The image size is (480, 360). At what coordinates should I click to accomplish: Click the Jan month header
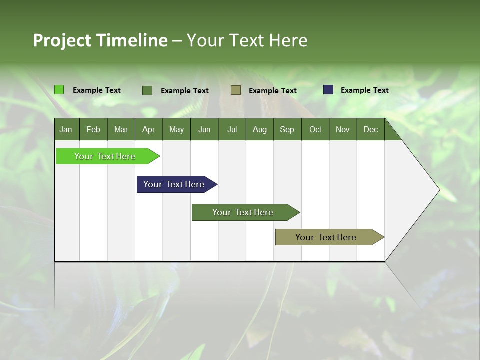click(x=66, y=130)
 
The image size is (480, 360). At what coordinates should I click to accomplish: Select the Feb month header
click(x=93, y=130)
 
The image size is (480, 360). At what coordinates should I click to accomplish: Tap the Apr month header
click(x=148, y=130)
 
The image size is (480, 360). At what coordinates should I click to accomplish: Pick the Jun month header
click(x=204, y=130)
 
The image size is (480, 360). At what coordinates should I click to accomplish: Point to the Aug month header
click(x=259, y=130)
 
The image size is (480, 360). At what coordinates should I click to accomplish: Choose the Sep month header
click(x=287, y=130)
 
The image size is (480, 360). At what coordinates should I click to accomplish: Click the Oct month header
click(x=315, y=130)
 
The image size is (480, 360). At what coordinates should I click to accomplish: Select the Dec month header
click(x=370, y=130)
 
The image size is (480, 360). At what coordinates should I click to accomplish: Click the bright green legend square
click(x=59, y=90)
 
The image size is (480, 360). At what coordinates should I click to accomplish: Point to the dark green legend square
click(x=147, y=90)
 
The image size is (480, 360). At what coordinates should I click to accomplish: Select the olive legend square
click(x=236, y=90)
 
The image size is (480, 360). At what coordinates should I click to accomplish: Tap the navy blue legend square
click(x=328, y=90)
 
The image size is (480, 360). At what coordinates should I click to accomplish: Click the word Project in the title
click(x=62, y=40)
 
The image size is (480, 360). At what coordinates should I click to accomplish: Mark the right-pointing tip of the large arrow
click(x=438, y=190)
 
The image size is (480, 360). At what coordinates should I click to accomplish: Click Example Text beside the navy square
click(x=364, y=90)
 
